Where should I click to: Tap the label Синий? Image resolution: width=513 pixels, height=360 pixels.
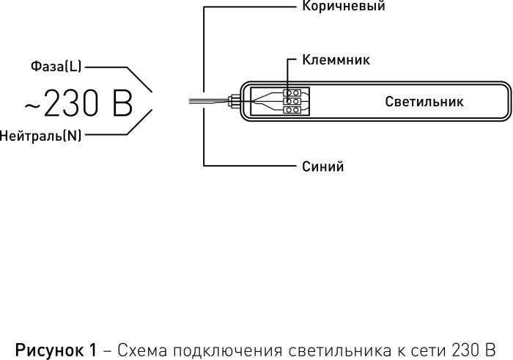pos(322,166)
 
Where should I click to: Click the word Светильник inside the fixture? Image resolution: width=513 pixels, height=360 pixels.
pos(424,102)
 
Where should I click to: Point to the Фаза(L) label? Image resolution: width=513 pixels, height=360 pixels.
pos(56,67)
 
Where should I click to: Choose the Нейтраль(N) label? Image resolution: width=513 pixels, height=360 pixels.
pos(41,136)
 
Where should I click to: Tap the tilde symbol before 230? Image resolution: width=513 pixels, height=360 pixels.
pos(32,107)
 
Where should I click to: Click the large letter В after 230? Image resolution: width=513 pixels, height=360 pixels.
pos(122,105)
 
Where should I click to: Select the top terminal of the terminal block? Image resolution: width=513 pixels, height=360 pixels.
pos(292,93)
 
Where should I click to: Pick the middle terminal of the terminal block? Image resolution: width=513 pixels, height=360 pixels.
pos(292,101)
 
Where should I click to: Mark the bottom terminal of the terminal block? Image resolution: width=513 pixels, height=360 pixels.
pos(292,109)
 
